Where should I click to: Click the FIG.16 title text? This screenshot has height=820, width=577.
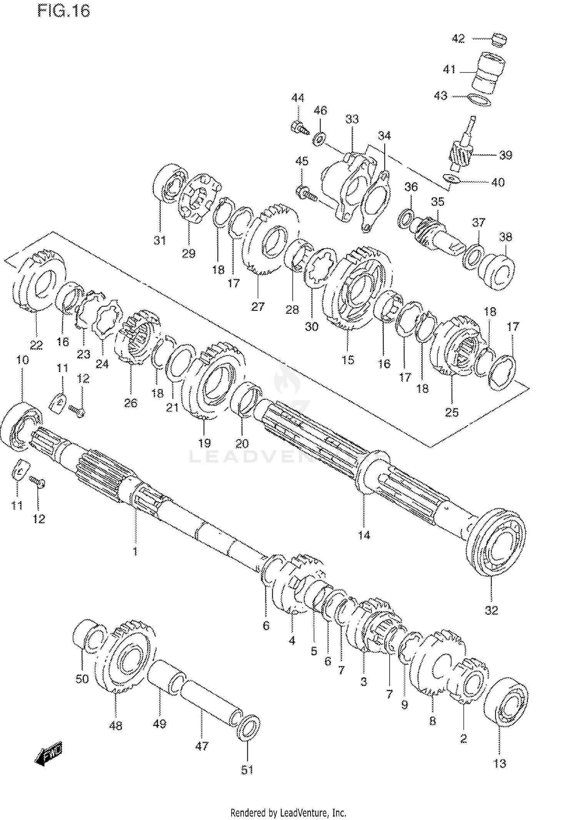pyautogui.click(x=64, y=11)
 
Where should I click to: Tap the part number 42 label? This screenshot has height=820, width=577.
pyautogui.click(x=458, y=38)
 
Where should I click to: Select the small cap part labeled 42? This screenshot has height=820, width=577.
pyautogui.click(x=499, y=40)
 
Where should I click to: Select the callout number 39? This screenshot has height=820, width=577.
pyautogui.click(x=505, y=155)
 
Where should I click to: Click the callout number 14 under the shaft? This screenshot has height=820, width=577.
pyautogui.click(x=364, y=534)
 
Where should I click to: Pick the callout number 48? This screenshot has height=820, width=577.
pyautogui.click(x=115, y=725)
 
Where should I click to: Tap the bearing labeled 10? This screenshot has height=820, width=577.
pyautogui.click(x=21, y=425)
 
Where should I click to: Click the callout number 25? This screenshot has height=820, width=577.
pyautogui.click(x=452, y=412)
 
